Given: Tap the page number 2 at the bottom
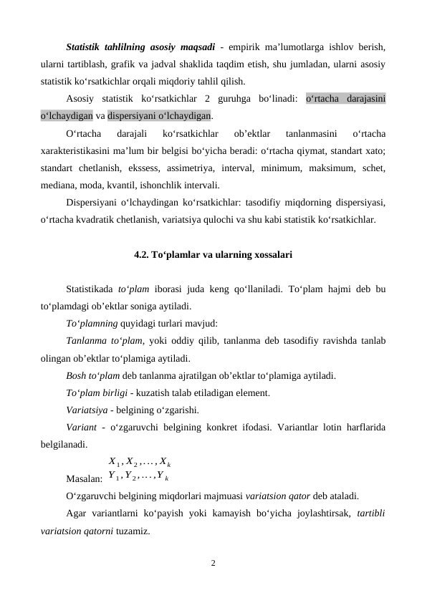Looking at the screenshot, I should [x=213, y=563].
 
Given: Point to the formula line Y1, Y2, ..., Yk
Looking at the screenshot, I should [x=138, y=473].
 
